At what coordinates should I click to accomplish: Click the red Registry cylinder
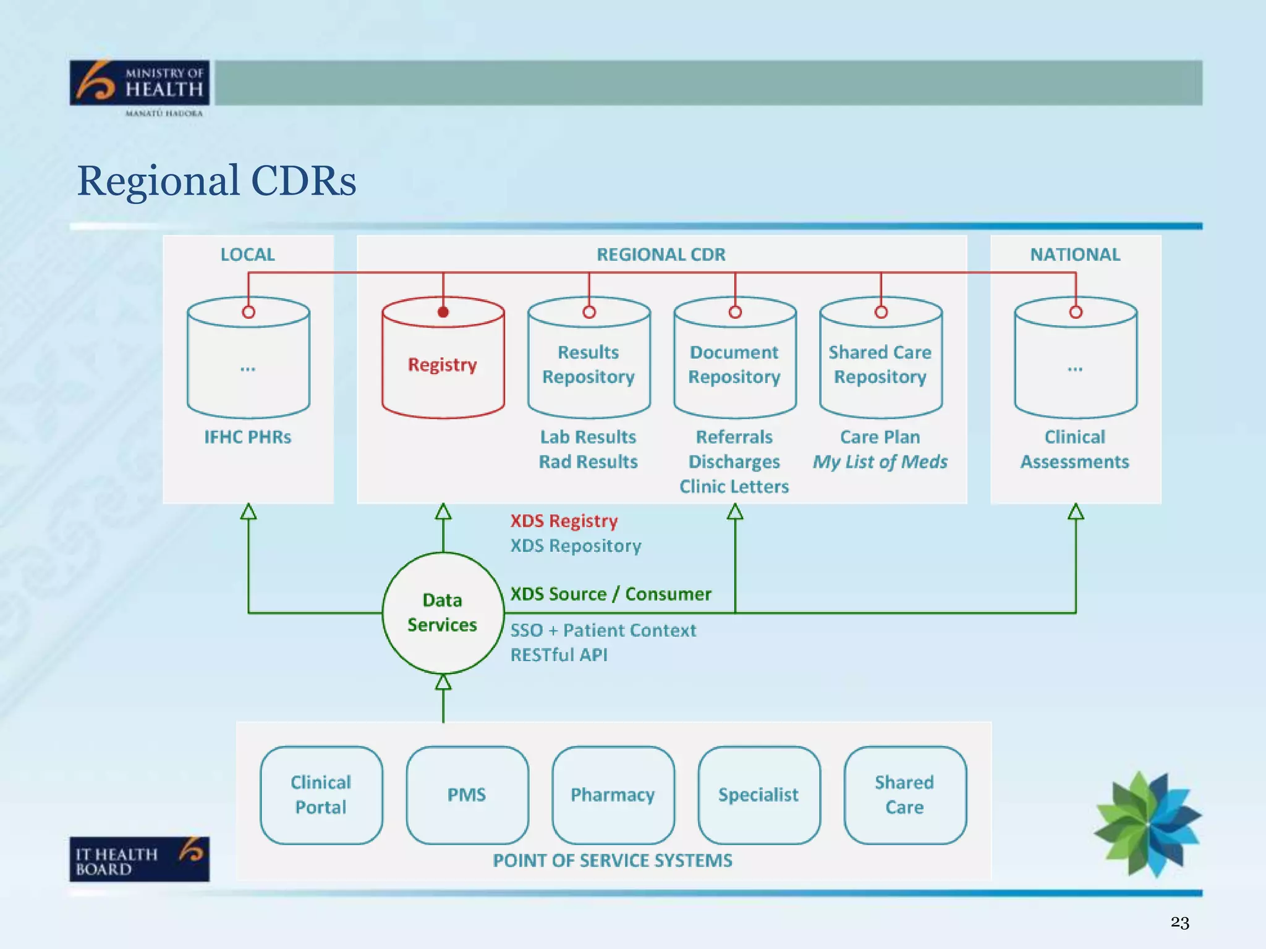[x=443, y=365]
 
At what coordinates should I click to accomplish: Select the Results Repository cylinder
[x=588, y=365]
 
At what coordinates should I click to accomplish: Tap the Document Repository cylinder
[x=734, y=365]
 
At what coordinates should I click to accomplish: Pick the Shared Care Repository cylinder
[x=880, y=365]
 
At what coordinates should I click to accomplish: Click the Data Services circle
[x=443, y=612]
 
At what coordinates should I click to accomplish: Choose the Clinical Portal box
[x=321, y=795]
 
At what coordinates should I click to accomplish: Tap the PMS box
[x=467, y=795]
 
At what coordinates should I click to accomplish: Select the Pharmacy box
[x=613, y=795]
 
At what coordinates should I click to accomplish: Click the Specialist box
[x=758, y=795]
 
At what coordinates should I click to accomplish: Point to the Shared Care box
[x=904, y=795]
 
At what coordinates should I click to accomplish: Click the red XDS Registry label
[x=564, y=521]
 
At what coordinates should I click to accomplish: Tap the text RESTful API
[x=559, y=655]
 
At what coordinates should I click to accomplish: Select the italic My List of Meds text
[x=880, y=462]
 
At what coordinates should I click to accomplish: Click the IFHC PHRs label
[x=248, y=437]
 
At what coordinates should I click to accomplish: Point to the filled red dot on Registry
[x=443, y=312]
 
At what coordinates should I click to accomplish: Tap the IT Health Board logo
[x=140, y=859]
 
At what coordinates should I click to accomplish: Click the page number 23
[x=1179, y=922]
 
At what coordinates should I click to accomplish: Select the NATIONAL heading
[x=1075, y=255]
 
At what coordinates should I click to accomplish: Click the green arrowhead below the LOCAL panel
[x=249, y=512]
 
